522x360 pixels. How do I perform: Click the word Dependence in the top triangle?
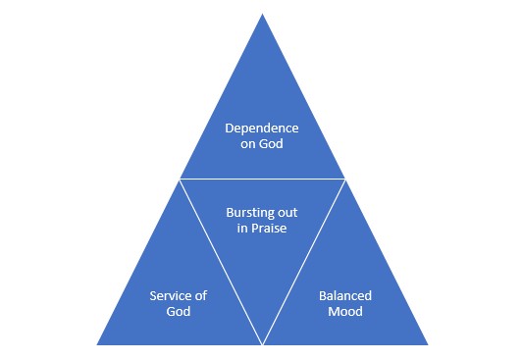click(x=262, y=129)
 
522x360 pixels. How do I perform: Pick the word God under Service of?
click(x=178, y=312)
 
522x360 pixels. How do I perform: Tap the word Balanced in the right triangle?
click(x=346, y=296)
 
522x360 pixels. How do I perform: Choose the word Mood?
click(x=346, y=312)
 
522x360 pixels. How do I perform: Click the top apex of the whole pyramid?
click(x=262, y=15)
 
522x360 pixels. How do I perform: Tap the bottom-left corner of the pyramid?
click(x=97, y=344)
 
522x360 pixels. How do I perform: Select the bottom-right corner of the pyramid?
click(x=428, y=344)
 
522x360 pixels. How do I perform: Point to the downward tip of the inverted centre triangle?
click(x=262, y=343)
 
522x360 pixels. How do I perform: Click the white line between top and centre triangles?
click(x=262, y=179)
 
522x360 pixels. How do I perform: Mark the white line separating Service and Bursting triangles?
click(x=221, y=261)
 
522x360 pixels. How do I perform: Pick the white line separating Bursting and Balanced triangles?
click(x=304, y=261)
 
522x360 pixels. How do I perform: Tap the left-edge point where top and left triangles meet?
click(x=180, y=179)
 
